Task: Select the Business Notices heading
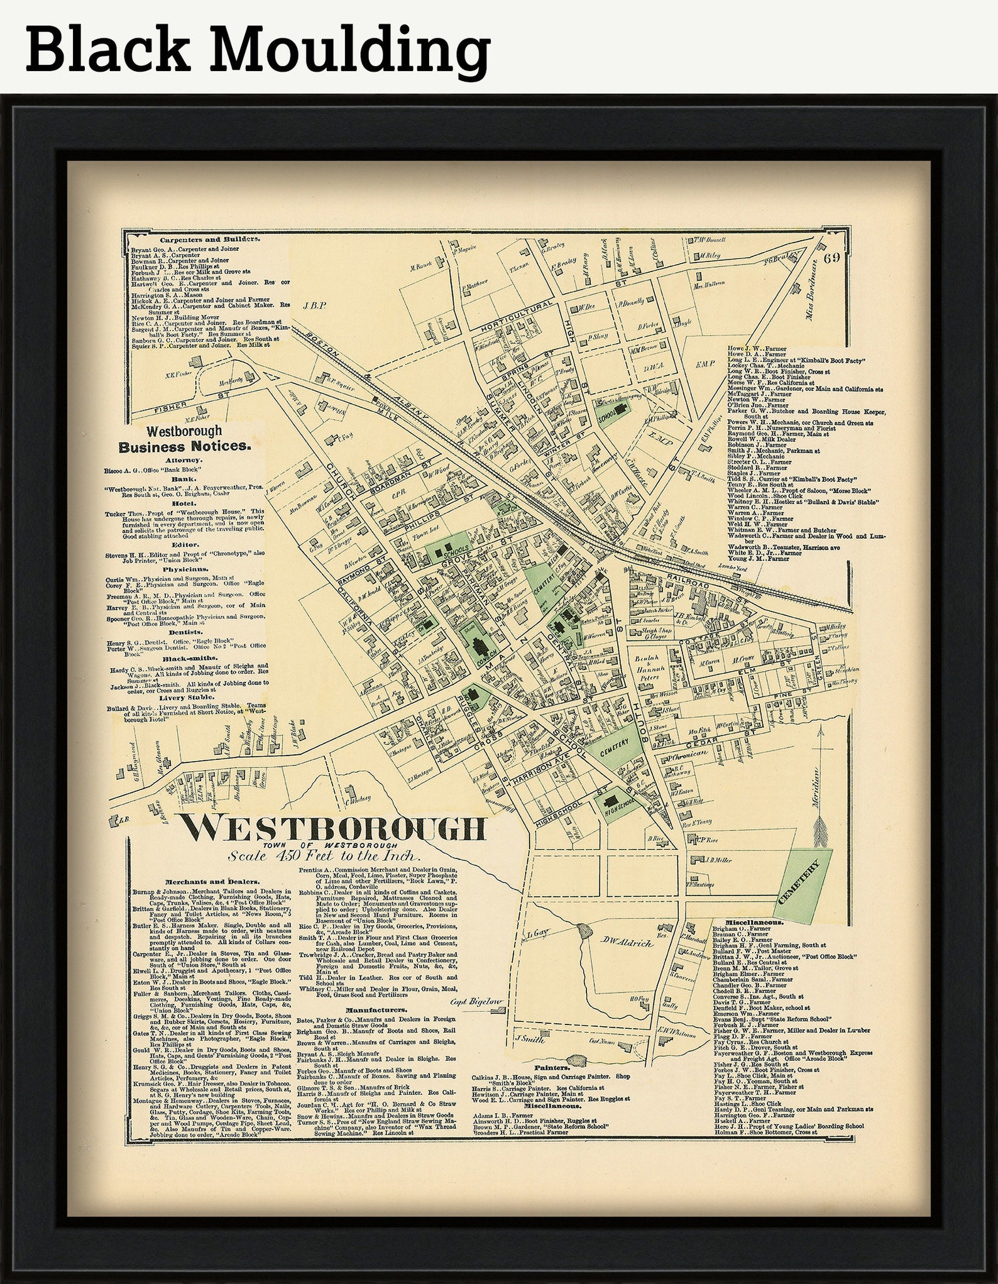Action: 185,447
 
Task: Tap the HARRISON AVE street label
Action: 545,769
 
